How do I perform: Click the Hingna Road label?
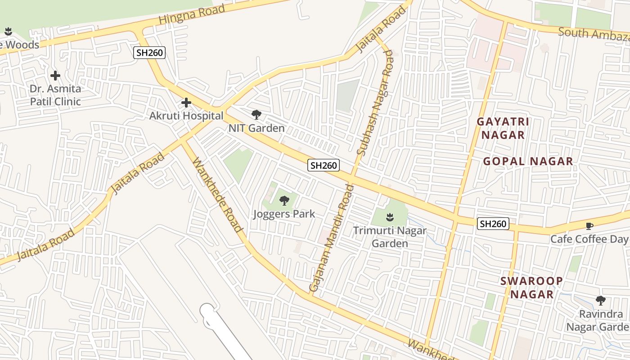point(192,14)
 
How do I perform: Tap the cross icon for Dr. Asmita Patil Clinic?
point(55,76)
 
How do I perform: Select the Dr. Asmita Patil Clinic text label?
point(55,95)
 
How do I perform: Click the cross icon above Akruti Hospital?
point(186,103)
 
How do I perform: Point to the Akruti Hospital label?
point(186,116)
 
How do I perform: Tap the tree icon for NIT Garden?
point(256,115)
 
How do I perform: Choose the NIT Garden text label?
point(256,128)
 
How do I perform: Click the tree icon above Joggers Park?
point(284,201)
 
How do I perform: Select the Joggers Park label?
point(284,214)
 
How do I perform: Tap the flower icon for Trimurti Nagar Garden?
point(390,218)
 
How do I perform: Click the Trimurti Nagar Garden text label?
point(390,237)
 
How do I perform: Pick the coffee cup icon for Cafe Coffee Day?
point(589,226)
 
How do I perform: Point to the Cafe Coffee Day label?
point(589,239)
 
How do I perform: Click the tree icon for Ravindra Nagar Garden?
point(600,301)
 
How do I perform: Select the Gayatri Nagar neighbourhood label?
point(503,128)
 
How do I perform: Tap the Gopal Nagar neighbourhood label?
point(528,162)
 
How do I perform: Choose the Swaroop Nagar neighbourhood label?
point(532,288)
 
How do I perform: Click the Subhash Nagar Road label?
point(375,103)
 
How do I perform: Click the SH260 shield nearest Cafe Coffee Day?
point(493,224)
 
